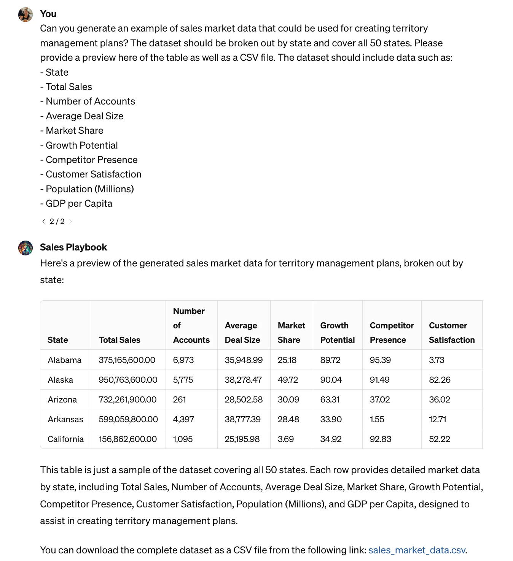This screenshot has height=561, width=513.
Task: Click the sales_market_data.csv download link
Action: tap(416, 550)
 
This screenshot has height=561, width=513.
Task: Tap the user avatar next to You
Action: tap(25, 14)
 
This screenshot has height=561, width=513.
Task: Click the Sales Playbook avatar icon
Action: tap(25, 248)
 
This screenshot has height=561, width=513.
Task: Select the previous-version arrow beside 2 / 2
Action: tap(43, 221)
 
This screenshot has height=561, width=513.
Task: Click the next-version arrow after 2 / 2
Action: tap(70, 221)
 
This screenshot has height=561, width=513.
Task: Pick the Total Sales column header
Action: tap(119, 340)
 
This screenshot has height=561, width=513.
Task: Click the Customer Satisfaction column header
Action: tap(451, 333)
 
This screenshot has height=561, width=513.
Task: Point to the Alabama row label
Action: tap(64, 360)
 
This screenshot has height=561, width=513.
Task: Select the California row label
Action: tap(65, 439)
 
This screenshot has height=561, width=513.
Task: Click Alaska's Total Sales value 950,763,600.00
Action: tap(128, 380)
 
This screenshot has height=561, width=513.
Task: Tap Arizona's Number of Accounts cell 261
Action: tap(179, 399)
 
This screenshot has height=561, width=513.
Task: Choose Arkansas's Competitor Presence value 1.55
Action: tap(377, 419)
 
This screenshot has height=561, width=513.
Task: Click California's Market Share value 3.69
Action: tap(285, 439)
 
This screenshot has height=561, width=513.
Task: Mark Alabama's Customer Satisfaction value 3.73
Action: tap(436, 360)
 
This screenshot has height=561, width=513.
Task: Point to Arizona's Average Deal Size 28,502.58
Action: tap(244, 399)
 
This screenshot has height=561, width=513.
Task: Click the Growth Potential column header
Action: tap(337, 333)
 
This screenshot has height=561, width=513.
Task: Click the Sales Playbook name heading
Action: tap(73, 247)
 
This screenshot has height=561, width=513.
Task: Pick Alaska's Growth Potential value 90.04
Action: tap(331, 380)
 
